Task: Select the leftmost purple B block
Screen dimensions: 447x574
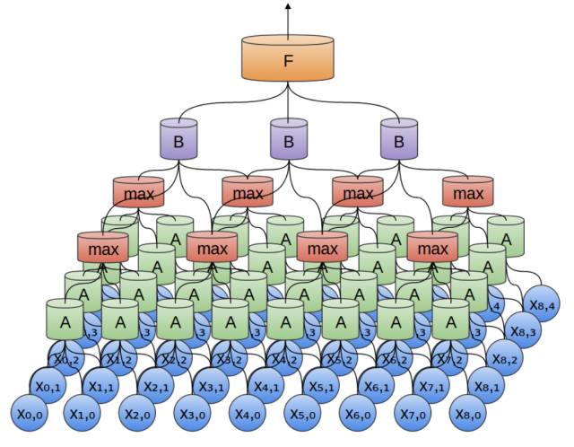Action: (178, 142)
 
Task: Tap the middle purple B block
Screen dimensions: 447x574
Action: (288, 142)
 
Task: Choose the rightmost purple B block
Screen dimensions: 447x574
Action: (398, 142)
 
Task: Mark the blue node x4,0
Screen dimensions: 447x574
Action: (250, 415)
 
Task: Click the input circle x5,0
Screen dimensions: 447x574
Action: (305, 415)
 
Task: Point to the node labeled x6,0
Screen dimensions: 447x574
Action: (361, 415)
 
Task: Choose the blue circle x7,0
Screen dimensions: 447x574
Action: (415, 415)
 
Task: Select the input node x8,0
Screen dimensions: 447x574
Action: (471, 415)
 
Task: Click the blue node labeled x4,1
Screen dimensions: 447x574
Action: (268, 387)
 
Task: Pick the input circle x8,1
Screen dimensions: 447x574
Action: (489, 387)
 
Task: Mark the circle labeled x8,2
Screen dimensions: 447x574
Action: (507, 358)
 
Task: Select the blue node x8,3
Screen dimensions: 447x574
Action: (525, 330)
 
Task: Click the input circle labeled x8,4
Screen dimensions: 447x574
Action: (543, 302)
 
